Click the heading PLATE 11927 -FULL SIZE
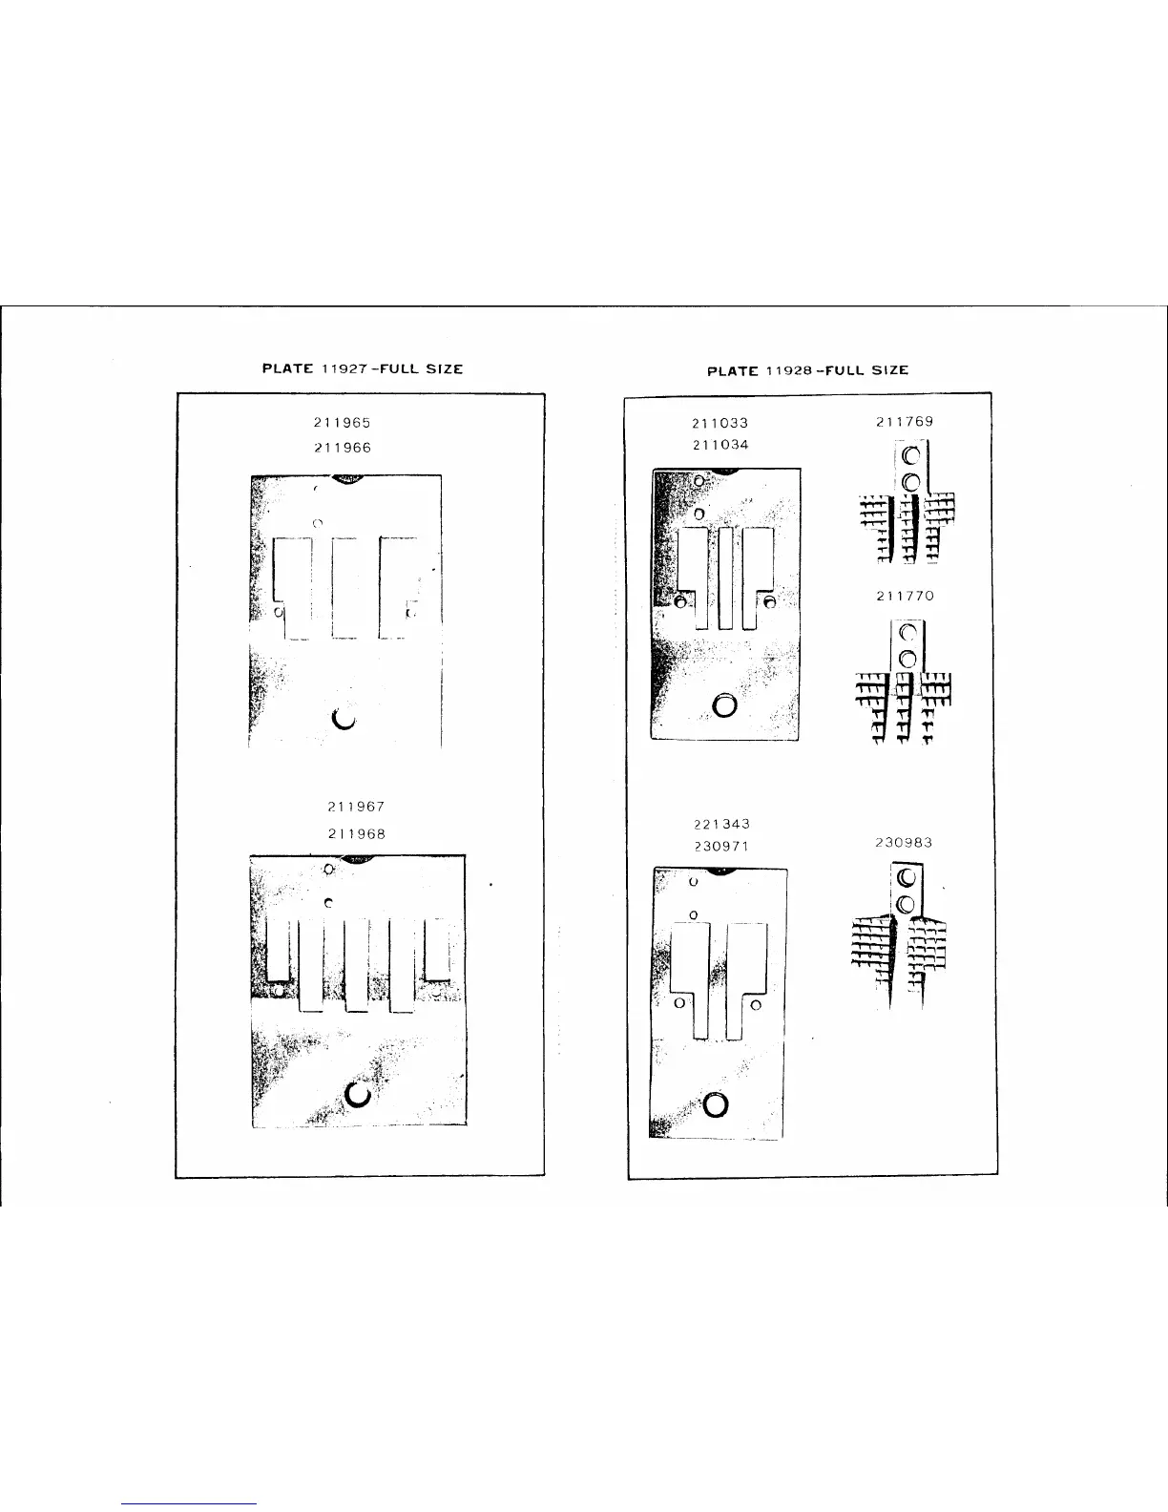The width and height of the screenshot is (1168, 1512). click(x=363, y=368)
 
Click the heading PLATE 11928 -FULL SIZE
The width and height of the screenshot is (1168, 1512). click(x=807, y=370)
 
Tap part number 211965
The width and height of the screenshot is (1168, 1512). click(x=343, y=422)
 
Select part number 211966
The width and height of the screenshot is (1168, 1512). click(x=343, y=447)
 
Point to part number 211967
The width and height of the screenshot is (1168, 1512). click(x=356, y=808)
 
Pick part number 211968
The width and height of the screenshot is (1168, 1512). click(x=356, y=833)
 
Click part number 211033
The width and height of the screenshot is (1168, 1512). click(x=720, y=422)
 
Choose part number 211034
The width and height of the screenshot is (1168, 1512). click(x=720, y=445)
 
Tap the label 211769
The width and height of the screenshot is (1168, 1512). click(x=905, y=421)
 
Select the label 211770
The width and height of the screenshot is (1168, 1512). click(x=905, y=596)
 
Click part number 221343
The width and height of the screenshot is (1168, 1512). click(x=721, y=823)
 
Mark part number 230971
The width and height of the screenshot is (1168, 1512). click(x=721, y=846)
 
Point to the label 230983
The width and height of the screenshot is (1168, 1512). click(x=904, y=843)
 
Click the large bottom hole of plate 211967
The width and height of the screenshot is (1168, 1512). click(x=360, y=1095)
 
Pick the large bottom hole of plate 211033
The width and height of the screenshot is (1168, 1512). click(x=724, y=705)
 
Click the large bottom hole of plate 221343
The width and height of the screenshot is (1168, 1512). click(x=716, y=1104)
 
